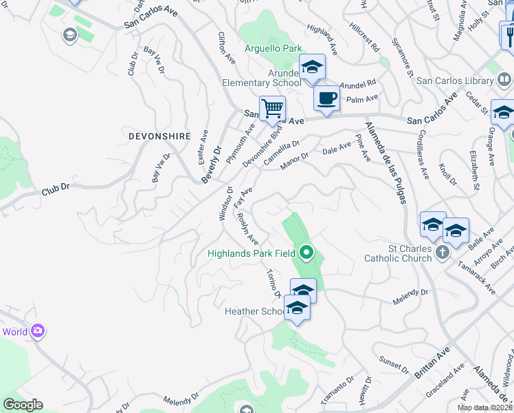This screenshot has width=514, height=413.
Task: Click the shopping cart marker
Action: [273, 108]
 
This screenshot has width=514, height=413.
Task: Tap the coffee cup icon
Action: [326, 97]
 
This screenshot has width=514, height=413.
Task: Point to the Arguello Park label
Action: [273, 49]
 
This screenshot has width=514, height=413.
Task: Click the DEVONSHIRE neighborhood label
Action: [159, 136]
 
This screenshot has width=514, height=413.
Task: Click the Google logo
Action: [23, 405]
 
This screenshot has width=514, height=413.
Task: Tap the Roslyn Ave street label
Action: [247, 228]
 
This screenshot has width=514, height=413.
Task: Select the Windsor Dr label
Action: [225, 204]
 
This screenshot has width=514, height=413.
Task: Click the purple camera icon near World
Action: [38, 331]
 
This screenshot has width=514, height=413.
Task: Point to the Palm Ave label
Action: [362, 99]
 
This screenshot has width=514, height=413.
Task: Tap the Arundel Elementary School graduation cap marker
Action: [312, 67]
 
